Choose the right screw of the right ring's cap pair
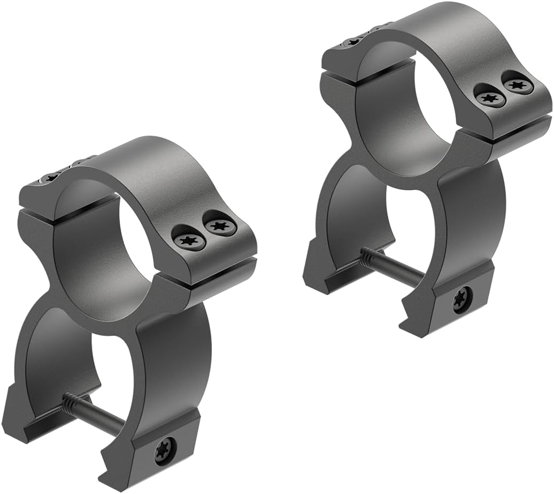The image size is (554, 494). pyautogui.click(x=517, y=85)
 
